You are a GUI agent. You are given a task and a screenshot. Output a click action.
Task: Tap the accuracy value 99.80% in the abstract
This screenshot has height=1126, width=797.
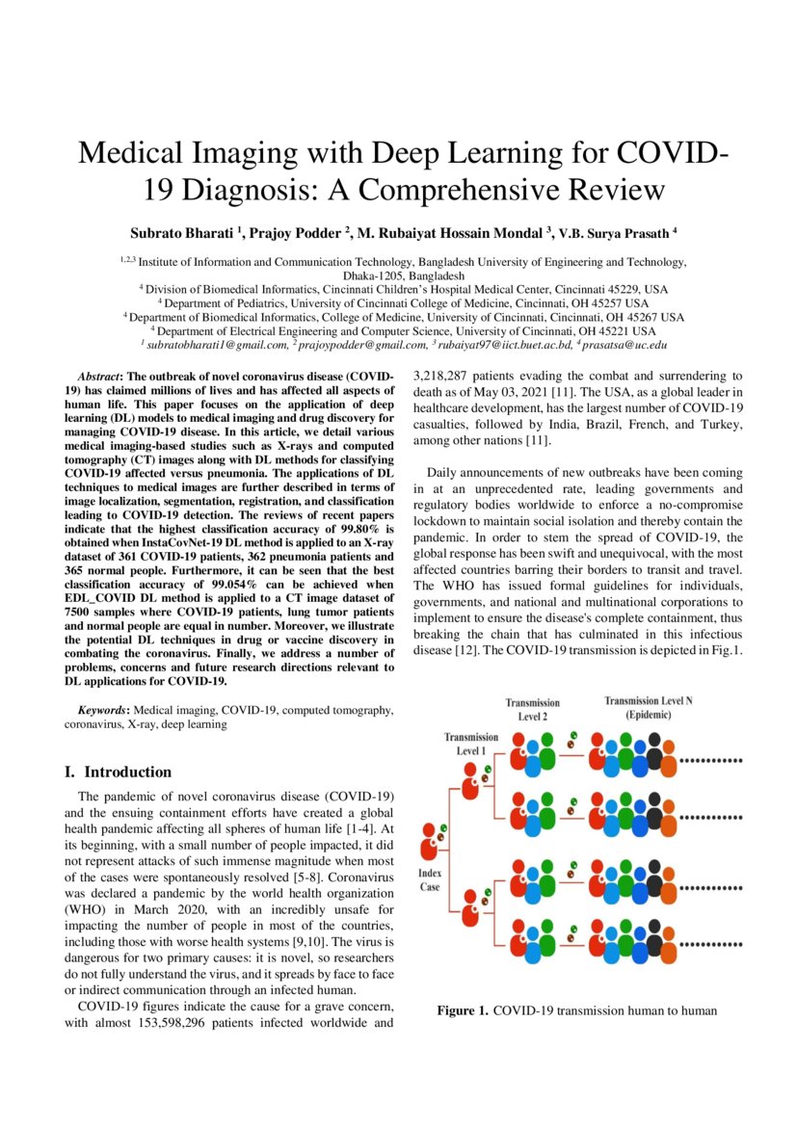pos(367,529)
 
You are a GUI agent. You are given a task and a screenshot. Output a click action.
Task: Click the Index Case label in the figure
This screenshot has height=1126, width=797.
pos(431,879)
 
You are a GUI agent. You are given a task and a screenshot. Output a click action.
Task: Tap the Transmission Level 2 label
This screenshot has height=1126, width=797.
pos(532,709)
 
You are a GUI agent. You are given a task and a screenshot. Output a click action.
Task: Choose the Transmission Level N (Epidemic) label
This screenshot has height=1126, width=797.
pos(648,708)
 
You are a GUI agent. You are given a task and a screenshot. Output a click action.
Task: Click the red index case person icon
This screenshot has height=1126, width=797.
pos(431,845)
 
